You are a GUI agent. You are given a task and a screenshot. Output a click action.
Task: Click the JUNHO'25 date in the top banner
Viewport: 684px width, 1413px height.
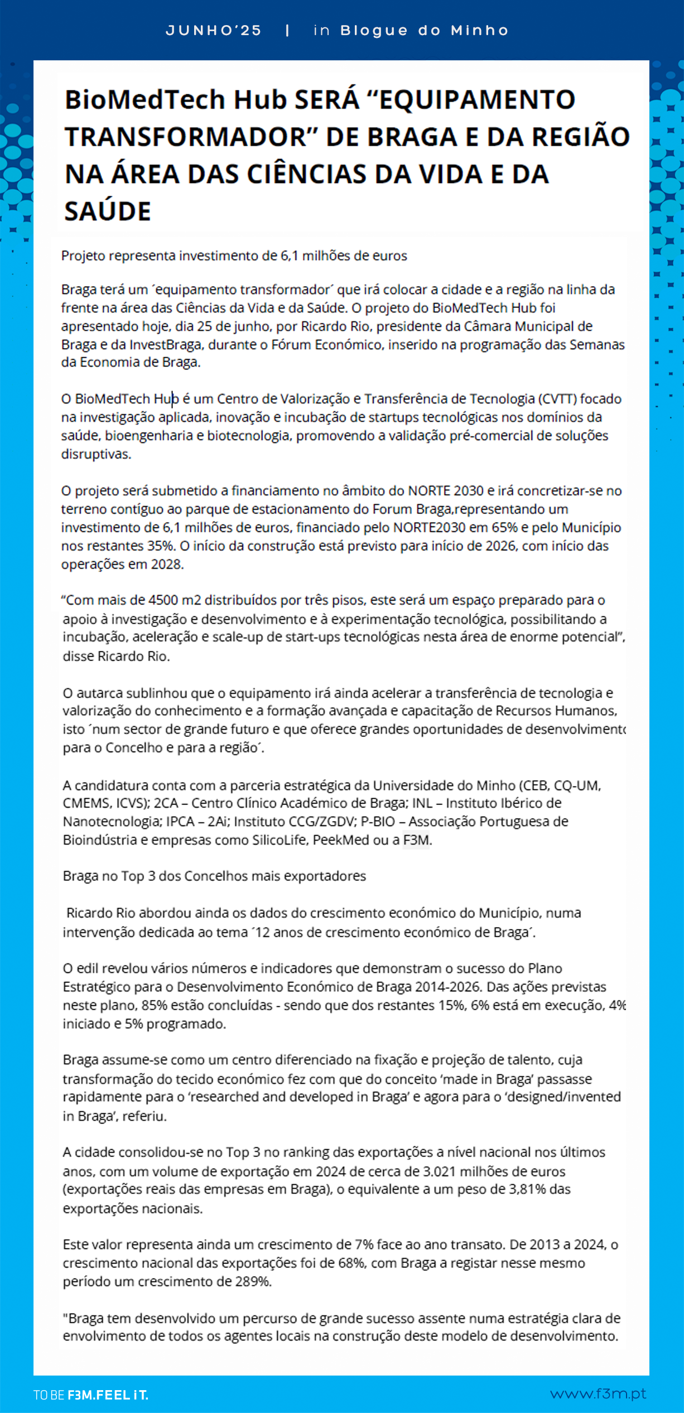(x=214, y=31)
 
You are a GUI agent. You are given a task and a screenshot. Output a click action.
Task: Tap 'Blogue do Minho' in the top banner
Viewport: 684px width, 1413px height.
(x=424, y=31)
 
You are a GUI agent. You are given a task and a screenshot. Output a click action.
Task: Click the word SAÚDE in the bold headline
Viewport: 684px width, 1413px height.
(x=108, y=212)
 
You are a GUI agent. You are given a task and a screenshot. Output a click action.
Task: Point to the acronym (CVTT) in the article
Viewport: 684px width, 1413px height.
(x=557, y=399)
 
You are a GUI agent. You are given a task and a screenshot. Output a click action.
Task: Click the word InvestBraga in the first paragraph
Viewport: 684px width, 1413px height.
(x=165, y=345)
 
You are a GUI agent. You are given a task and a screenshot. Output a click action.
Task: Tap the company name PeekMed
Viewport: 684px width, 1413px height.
(x=340, y=840)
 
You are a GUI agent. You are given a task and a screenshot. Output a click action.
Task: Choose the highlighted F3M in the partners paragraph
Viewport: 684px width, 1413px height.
(x=416, y=840)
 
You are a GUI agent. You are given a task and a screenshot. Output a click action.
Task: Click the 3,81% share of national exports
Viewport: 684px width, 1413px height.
(x=527, y=1190)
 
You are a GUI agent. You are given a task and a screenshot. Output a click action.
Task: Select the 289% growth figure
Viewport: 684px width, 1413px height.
(x=252, y=1282)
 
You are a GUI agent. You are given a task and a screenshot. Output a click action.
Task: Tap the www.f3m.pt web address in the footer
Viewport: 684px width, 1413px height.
(x=598, y=1394)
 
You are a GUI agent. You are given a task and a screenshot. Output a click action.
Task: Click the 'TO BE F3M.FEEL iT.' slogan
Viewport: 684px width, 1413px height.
(x=91, y=1395)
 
